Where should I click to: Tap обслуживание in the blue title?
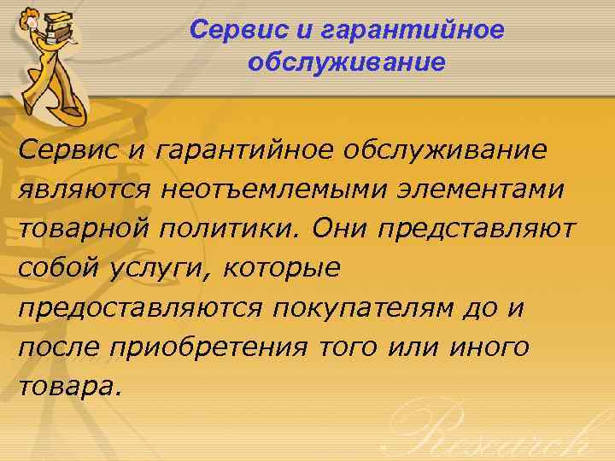point(346,63)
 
